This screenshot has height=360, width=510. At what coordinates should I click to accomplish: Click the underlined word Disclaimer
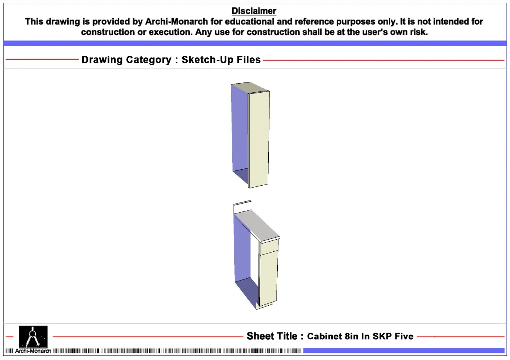[254, 11]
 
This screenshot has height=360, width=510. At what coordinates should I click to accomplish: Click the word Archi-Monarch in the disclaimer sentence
[176, 21]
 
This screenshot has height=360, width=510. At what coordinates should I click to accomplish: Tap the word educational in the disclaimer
[249, 21]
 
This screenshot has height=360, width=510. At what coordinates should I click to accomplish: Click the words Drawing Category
[126, 60]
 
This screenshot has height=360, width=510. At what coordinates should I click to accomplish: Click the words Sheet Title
[272, 336]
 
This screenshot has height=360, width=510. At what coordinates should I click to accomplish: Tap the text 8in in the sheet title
[351, 336]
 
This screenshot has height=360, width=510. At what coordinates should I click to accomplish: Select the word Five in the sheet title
[404, 336]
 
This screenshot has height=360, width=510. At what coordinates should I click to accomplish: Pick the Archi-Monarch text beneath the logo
[33, 351]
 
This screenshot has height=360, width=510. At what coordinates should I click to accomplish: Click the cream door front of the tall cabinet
[259, 139]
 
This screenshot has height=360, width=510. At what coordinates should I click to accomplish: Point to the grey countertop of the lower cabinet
[257, 225]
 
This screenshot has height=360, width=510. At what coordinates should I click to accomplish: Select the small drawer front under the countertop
[269, 247]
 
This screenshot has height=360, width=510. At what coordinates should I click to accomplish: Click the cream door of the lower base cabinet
[268, 279]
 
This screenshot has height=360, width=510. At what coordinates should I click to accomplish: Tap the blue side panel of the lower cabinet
[242, 250]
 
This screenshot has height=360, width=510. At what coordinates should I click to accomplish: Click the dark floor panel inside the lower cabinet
[246, 292]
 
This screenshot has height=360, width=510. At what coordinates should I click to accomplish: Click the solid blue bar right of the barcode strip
[404, 351]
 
